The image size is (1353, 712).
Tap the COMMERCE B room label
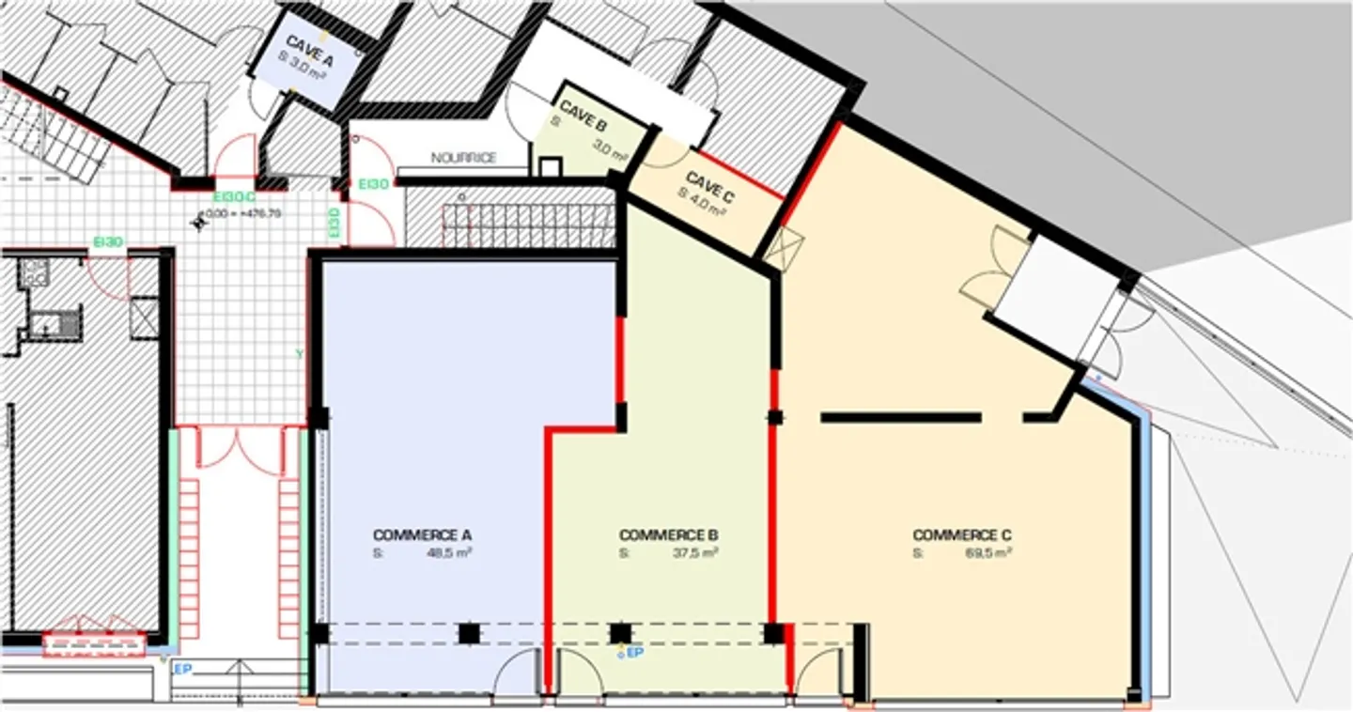[x=668, y=535]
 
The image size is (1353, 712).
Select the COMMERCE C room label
[x=962, y=535]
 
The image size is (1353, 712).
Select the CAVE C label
[x=709, y=185]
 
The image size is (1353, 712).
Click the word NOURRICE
[x=463, y=158]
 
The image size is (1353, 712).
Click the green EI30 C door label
[x=233, y=197]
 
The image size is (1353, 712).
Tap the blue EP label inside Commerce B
[x=635, y=652]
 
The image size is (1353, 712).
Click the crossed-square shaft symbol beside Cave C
[x=784, y=248]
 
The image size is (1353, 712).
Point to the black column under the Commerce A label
[x=468, y=633]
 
